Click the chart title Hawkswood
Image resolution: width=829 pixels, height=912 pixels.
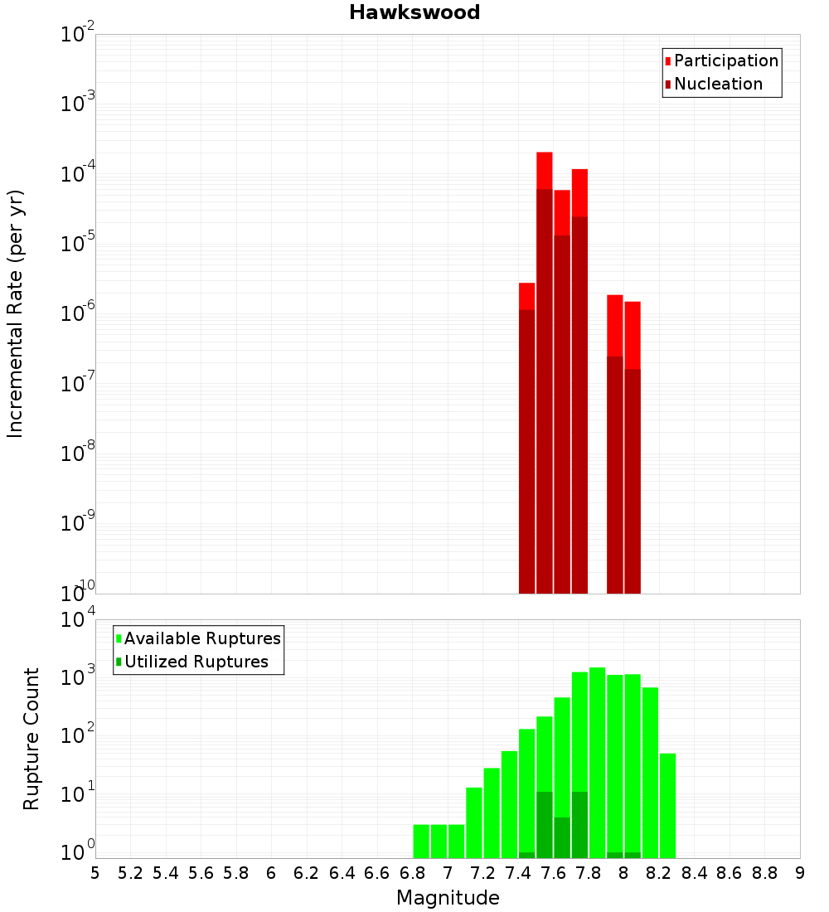pos(414,12)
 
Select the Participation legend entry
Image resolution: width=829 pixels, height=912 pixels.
pos(725,61)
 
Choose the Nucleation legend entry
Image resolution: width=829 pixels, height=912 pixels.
pos(717,84)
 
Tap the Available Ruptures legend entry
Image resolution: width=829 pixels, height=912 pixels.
pos(201,638)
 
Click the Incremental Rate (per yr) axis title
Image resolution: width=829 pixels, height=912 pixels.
pos(15,313)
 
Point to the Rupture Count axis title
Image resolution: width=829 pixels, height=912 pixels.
pos(32,739)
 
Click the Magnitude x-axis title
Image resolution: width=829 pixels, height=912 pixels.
pos(448,898)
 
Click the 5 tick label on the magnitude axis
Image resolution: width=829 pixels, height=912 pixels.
pos(95,872)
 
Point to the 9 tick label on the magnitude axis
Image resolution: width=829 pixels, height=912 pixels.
pos(800,872)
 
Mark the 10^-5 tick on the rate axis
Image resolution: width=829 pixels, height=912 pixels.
pos(76,245)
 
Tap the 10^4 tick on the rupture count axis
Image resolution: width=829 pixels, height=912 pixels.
pos(76,621)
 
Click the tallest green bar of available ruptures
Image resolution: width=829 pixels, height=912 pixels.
pos(597,763)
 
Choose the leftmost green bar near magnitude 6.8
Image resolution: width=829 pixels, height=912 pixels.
pos(421,841)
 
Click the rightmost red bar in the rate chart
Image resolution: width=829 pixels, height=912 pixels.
pos(633,448)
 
